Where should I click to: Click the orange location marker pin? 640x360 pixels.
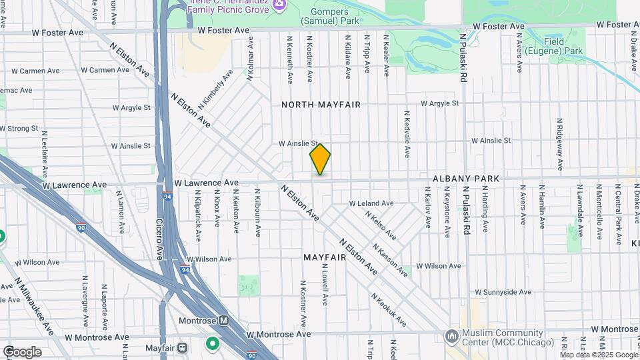pos(320,159)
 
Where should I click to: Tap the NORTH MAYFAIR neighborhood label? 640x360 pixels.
pos(321,105)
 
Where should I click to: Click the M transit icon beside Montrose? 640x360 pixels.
pos(224,321)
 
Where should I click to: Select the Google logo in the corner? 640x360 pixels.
pos(22,352)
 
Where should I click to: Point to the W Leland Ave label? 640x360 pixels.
pos(371,203)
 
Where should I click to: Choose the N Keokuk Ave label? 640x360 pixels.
pos(388,311)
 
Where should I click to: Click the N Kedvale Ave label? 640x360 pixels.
pos(407,133)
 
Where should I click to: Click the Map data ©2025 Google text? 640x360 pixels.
pos(599,355)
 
